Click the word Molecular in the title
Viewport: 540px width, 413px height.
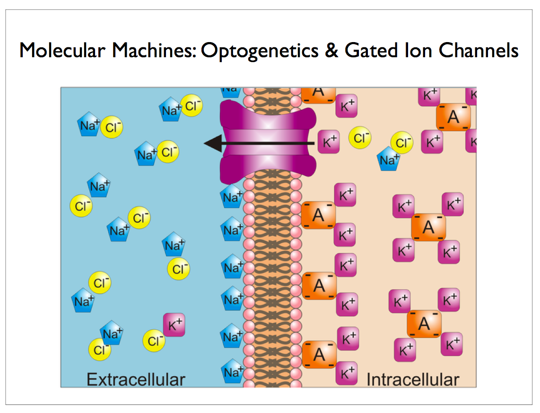tap(61, 51)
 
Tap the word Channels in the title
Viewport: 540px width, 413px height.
tap(479, 51)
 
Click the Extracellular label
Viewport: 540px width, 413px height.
tap(135, 379)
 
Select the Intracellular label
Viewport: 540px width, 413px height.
tap(412, 379)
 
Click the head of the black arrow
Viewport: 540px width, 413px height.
tap(212, 143)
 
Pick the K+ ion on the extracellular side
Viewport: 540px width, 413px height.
tap(174, 325)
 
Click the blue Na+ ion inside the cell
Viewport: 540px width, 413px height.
tap(389, 160)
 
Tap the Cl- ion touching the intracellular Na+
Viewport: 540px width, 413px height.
tap(402, 143)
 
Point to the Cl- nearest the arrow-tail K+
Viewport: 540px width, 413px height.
tap(360, 138)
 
